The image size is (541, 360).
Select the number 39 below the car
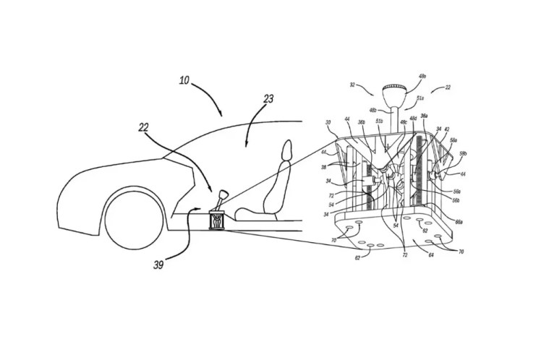point(158,265)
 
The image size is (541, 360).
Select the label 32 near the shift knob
point(354,85)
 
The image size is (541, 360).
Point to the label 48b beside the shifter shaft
point(372,110)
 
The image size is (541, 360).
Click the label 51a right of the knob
point(421,98)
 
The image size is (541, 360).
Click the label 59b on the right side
point(464,154)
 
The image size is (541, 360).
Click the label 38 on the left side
point(324,166)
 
